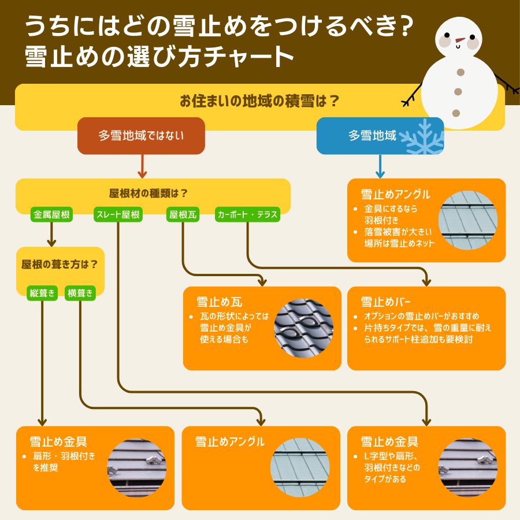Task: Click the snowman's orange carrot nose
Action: click(x=459, y=40)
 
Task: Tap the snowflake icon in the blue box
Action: click(x=422, y=138)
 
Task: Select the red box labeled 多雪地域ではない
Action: click(x=141, y=136)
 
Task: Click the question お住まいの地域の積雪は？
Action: click(x=259, y=101)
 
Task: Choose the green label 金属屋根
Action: click(x=52, y=215)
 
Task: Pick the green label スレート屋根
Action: click(x=118, y=215)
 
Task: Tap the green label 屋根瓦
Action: click(x=183, y=215)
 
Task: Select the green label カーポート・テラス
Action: click(x=247, y=215)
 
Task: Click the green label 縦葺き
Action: click(x=43, y=293)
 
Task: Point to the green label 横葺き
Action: click(x=80, y=293)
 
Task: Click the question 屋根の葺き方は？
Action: click(x=60, y=265)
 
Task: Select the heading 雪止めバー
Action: click(x=386, y=302)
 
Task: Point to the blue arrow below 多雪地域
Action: click(x=380, y=167)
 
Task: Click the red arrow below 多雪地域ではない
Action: click(x=141, y=167)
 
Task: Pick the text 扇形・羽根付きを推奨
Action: click(x=64, y=462)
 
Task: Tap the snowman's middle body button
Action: click(x=458, y=92)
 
